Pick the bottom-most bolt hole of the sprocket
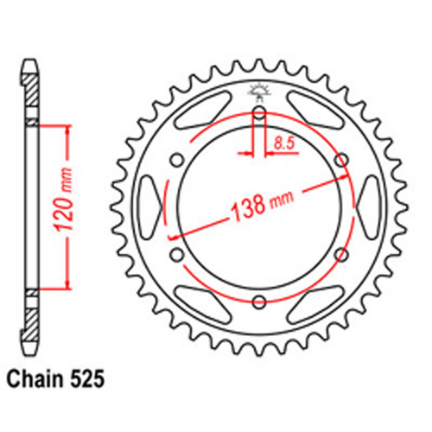(259, 302)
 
